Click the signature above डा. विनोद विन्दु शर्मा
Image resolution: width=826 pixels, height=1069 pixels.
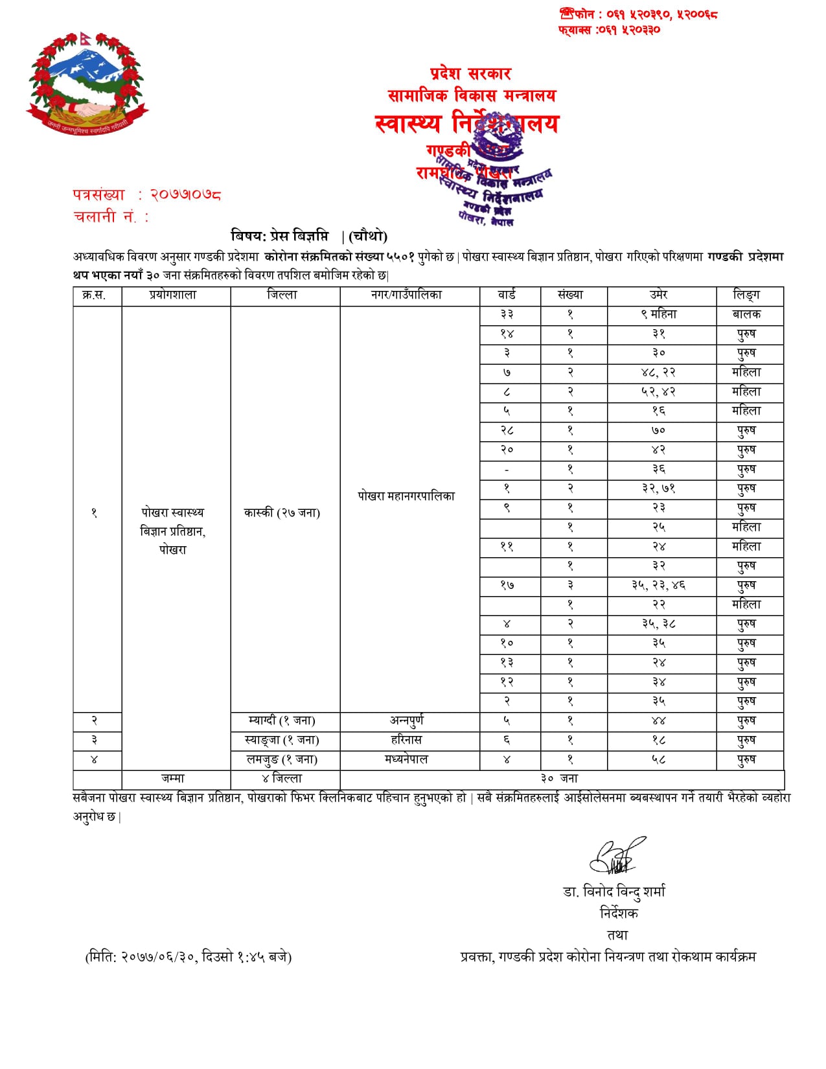(617, 856)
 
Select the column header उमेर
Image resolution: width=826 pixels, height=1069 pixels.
(659, 295)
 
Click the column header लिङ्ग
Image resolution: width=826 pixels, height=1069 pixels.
(746, 295)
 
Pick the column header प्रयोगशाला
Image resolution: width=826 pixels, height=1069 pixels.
(172, 295)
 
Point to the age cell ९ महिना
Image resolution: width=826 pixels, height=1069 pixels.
(659, 314)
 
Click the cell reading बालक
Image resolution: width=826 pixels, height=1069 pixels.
(746, 314)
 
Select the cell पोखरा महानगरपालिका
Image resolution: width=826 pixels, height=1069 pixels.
(406, 496)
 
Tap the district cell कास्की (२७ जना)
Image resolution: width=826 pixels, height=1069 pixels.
(282, 512)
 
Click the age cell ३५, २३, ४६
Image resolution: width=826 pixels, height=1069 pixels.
(659, 585)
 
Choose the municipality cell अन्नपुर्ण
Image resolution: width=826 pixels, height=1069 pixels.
(406, 720)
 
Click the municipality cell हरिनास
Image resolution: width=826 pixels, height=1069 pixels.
(406, 740)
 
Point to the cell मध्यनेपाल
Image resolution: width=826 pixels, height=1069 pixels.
(406, 759)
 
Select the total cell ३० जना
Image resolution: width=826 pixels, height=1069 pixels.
(560, 779)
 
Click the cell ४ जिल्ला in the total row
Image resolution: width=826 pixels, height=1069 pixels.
(282, 779)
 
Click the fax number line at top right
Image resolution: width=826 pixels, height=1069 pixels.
(609, 30)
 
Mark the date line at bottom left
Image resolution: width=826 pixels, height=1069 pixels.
(189, 957)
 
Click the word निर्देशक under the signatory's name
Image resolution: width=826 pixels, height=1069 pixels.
(619, 914)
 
